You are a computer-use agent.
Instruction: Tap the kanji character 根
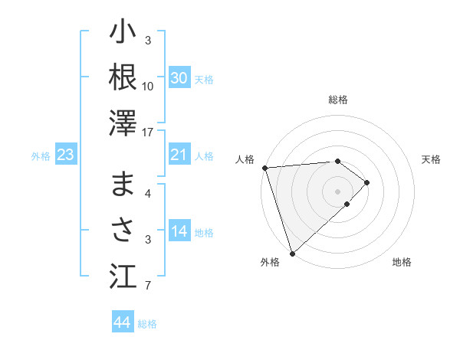(123, 77)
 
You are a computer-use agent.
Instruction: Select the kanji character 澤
(123, 123)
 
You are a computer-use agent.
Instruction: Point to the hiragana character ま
(123, 184)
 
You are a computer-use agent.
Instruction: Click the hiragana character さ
(123, 230)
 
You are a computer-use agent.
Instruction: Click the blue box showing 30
(179, 78)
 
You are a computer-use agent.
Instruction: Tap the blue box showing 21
(179, 155)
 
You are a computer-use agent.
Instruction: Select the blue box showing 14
(179, 232)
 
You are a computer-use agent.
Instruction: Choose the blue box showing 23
(65, 155)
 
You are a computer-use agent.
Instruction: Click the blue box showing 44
(122, 322)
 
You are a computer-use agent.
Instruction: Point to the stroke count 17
(149, 133)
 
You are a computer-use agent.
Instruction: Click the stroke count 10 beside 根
(148, 86)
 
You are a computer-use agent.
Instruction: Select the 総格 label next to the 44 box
(147, 324)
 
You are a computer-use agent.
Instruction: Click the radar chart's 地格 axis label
(402, 262)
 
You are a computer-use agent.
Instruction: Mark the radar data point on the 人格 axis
(264, 167)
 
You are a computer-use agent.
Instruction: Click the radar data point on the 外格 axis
(292, 252)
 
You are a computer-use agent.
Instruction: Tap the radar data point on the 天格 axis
(367, 182)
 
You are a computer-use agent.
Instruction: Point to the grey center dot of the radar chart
(337, 191)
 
